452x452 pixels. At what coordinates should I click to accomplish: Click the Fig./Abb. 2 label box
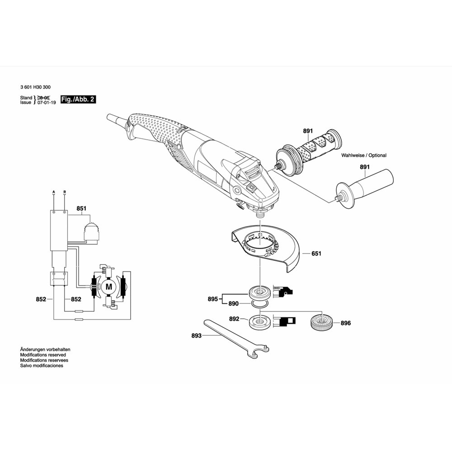(78, 99)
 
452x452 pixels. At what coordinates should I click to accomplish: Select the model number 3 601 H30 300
(35, 87)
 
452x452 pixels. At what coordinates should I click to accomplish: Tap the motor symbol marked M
(109, 287)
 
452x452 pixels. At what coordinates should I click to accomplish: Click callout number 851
(81, 208)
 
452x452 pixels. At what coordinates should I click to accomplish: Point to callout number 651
(316, 254)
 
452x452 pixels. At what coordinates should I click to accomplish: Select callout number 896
(346, 323)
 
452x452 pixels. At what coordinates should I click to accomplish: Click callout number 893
(196, 335)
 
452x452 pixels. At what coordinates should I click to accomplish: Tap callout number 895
(213, 299)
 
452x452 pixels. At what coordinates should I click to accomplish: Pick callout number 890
(234, 304)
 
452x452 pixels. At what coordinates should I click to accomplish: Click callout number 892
(234, 319)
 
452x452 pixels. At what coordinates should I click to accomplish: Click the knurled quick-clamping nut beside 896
(321, 321)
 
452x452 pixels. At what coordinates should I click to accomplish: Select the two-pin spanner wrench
(236, 339)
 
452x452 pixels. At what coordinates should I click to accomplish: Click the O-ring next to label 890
(260, 304)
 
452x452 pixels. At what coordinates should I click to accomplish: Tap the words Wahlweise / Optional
(364, 155)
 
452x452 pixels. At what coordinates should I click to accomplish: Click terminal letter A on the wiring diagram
(54, 192)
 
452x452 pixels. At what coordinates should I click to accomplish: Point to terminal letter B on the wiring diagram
(65, 192)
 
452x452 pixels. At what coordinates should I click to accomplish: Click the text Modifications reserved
(43, 355)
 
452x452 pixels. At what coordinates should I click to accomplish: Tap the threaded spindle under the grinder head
(260, 214)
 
